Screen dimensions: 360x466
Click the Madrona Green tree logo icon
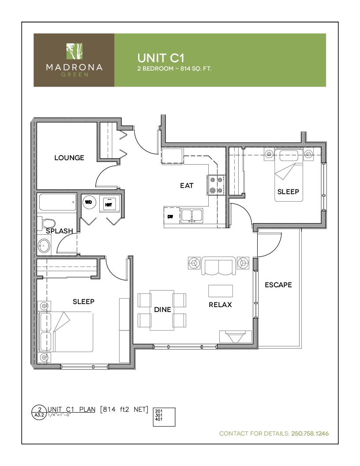click(x=74, y=51)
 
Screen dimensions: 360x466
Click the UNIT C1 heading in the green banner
click(x=161, y=58)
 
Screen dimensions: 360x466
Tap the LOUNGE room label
click(x=69, y=158)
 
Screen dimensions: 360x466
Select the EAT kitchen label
click(x=187, y=185)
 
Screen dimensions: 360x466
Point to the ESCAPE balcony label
click(x=278, y=285)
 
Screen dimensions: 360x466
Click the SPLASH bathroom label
click(x=60, y=231)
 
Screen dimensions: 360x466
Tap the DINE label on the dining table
click(x=162, y=309)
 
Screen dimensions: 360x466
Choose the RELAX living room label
click(x=220, y=304)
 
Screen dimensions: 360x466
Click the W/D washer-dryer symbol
click(x=89, y=203)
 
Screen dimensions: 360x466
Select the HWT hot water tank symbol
click(x=109, y=203)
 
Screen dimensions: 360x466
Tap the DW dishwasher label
click(x=170, y=217)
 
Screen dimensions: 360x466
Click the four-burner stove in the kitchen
click(x=217, y=185)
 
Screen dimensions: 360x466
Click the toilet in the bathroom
click(x=46, y=223)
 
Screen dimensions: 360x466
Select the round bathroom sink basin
click(x=44, y=246)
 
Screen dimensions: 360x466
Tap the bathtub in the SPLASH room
click(x=56, y=203)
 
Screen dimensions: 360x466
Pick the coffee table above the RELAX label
click(x=221, y=291)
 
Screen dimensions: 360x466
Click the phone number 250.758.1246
click(x=310, y=434)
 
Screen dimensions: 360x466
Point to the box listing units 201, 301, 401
click(x=164, y=417)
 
